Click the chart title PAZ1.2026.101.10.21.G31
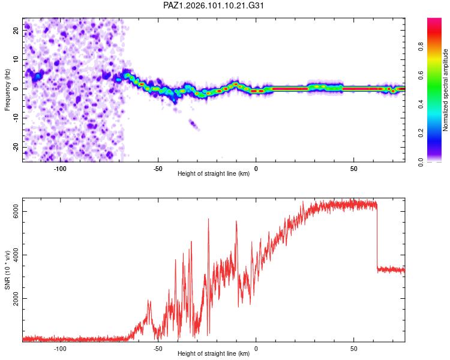[x=213, y=5]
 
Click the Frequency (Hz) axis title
[x=7, y=90]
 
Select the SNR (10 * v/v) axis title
[x=7, y=270]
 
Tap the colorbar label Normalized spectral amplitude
[x=445, y=90]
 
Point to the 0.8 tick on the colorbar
[x=421, y=46]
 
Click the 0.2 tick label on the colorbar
[x=421, y=133]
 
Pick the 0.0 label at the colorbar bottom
[x=421, y=163]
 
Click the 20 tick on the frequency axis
[x=16, y=30]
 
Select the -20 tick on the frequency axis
[x=16, y=147]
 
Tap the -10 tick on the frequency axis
[x=16, y=118]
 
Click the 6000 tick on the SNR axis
[x=16, y=212]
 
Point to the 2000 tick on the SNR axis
[x=16, y=299]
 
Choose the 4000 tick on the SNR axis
[x=16, y=255]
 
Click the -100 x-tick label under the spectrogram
[x=59, y=169]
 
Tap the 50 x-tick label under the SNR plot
[x=353, y=349]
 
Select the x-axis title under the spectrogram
[x=214, y=173]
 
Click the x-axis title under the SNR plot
[x=214, y=353]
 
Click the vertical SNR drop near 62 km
[x=377, y=237]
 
